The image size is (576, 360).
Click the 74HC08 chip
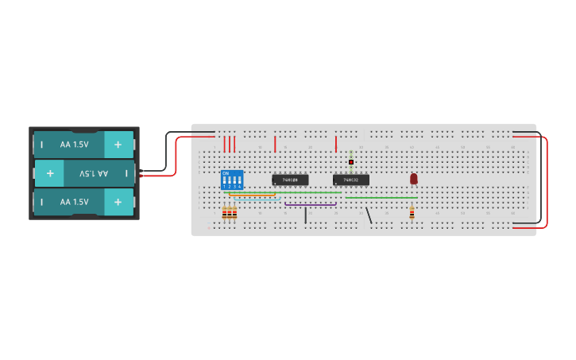click(290, 180)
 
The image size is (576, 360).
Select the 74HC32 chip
click(350, 180)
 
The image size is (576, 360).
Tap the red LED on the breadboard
click(414, 179)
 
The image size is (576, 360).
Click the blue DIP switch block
click(232, 180)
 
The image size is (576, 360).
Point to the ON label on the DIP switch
click(226, 172)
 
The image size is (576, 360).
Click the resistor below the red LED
click(412, 212)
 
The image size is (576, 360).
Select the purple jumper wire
click(310, 204)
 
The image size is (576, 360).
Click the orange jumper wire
click(253, 195)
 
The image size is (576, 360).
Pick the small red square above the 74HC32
click(351, 162)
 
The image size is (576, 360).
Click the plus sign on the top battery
click(118, 145)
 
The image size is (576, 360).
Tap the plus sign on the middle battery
click(49, 173)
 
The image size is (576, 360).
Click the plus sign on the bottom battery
click(118, 202)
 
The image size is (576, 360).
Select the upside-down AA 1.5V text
click(93, 173)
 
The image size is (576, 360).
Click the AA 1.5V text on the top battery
click(74, 145)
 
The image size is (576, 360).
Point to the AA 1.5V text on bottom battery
click(74, 202)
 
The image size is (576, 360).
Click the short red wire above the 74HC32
click(336, 144)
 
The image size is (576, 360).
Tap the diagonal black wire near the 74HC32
click(368, 215)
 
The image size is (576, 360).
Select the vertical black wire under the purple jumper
click(306, 215)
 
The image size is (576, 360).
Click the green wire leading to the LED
click(381, 197)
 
